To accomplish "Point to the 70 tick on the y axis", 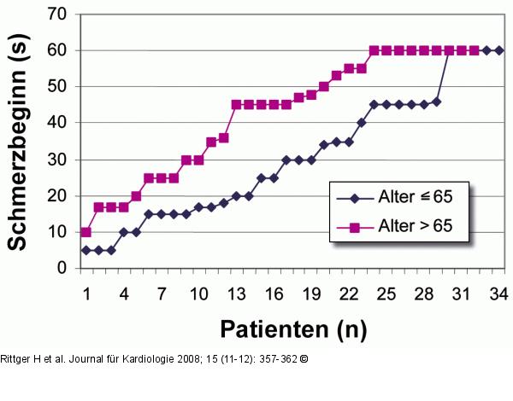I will [x=59, y=14].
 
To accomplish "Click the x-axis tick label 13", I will [x=235, y=294].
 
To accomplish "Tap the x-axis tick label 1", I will [x=85, y=294].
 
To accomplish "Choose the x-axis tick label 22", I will [x=348, y=294].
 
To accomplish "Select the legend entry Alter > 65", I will [x=400, y=227].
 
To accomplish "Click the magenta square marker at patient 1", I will [x=85, y=232].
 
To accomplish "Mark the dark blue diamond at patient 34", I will [x=499, y=50].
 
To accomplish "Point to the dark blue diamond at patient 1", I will [x=85, y=250].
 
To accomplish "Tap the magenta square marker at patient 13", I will [x=236, y=105].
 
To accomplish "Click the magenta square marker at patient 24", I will [x=374, y=50].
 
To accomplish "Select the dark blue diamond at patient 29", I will [x=436, y=102].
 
